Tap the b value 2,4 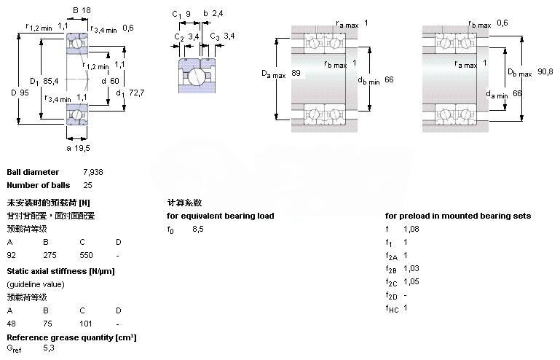(217, 14)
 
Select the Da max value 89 (296, 73)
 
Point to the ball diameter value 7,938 (92, 173)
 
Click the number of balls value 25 (87, 185)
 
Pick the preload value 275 (50, 256)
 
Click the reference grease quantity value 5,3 (49, 348)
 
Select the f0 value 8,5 (197, 229)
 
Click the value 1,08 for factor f (411, 229)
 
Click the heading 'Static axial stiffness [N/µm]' (60, 271)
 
